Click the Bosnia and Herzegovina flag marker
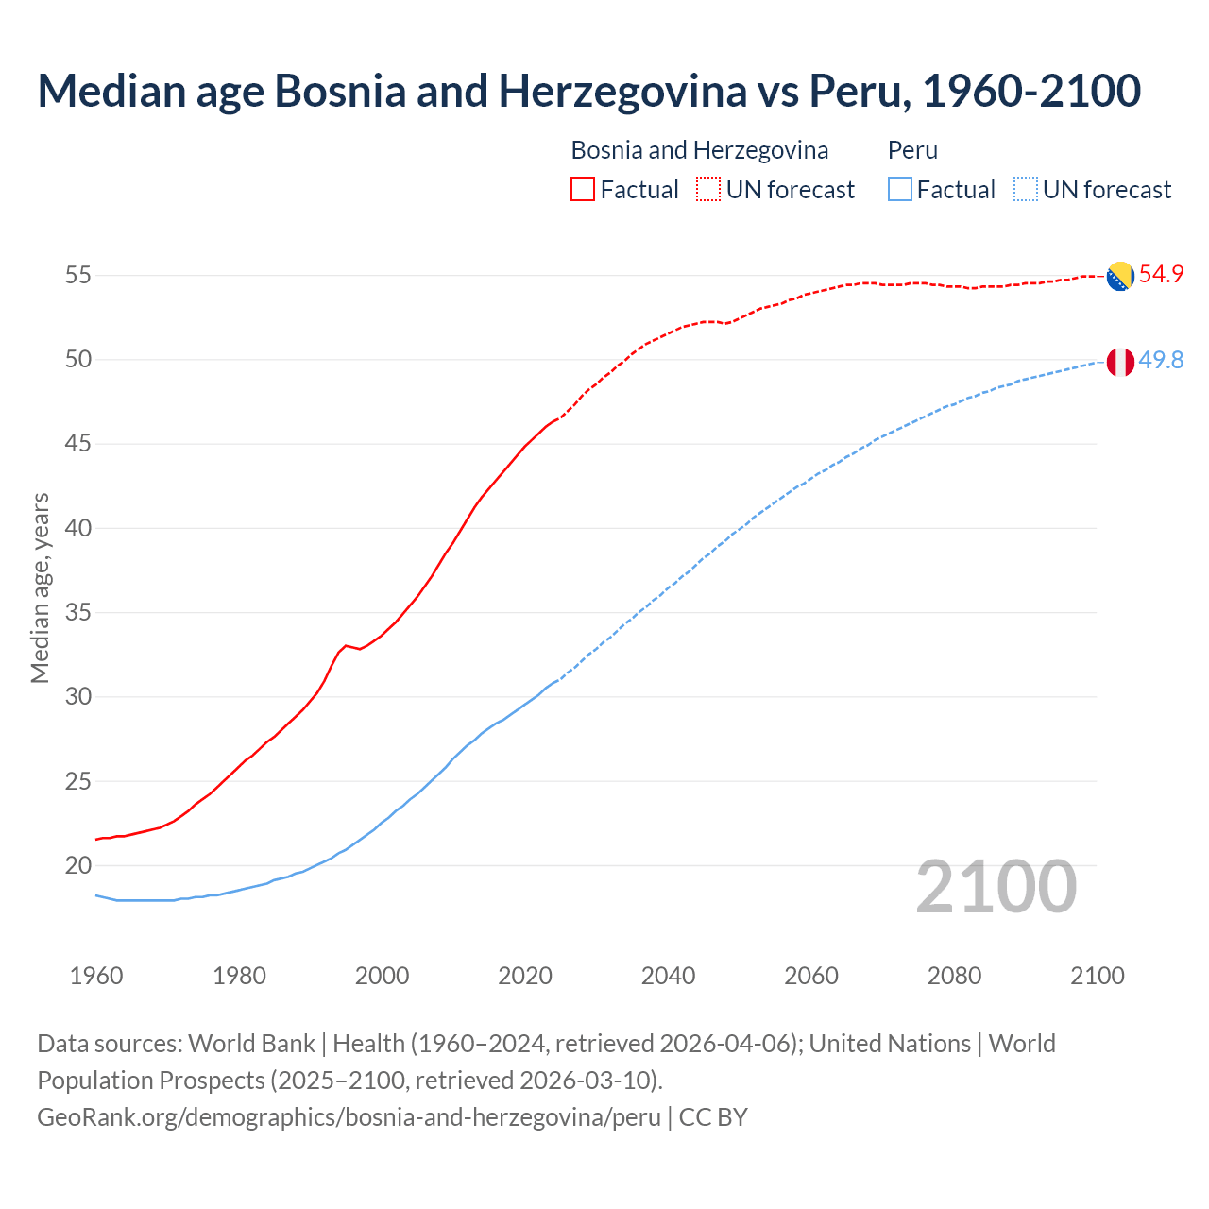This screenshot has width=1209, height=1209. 1120,276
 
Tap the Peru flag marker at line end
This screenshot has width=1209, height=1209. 1120,361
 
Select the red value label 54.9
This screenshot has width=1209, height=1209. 1161,275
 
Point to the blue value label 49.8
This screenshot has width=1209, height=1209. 1161,360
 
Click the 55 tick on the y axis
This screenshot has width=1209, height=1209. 78,276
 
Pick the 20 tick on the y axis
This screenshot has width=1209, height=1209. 78,865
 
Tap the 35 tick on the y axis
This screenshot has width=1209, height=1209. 78,612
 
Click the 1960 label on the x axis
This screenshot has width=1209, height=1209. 96,976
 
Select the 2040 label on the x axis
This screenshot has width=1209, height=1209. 668,976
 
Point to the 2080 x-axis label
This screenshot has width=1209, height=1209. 954,976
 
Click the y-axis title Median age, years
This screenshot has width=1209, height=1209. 40,587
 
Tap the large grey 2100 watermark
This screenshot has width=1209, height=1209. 996,887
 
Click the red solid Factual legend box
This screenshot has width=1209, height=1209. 583,189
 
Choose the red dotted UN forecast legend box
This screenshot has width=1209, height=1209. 707,189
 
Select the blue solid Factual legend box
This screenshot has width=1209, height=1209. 900,189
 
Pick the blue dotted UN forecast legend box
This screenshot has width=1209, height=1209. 1025,189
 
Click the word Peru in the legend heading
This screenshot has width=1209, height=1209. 912,150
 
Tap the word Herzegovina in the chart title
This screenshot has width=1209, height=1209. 622,91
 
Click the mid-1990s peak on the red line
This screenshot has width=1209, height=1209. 346,645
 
